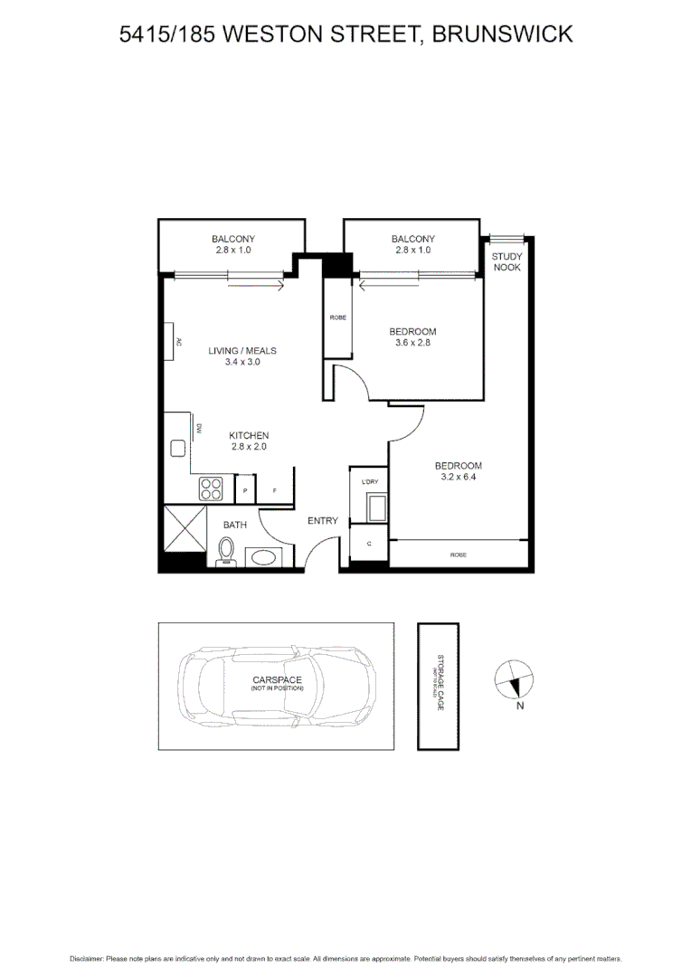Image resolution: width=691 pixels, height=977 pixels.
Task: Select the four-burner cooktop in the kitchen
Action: click(212, 488)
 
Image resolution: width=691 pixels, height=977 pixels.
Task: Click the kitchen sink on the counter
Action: click(177, 448)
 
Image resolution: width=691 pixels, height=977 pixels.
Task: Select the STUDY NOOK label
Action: click(506, 262)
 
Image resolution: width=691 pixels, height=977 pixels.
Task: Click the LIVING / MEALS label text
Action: click(242, 351)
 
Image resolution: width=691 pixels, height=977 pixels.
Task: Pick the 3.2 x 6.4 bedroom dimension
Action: click(459, 477)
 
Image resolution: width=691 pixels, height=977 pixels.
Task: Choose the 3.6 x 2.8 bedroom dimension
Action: click(412, 343)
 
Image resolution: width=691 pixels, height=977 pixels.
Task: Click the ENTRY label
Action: click(323, 520)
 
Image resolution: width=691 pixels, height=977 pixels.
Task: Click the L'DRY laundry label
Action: click(369, 482)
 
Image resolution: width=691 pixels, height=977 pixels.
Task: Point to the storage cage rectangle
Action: click(438, 686)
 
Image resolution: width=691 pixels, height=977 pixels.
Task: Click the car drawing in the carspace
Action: click(276, 685)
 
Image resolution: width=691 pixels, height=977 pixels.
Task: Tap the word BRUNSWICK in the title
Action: click(502, 34)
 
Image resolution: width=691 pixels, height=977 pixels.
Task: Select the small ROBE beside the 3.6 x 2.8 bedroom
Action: click(338, 318)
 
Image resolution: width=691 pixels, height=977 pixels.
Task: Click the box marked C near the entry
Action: click(369, 544)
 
